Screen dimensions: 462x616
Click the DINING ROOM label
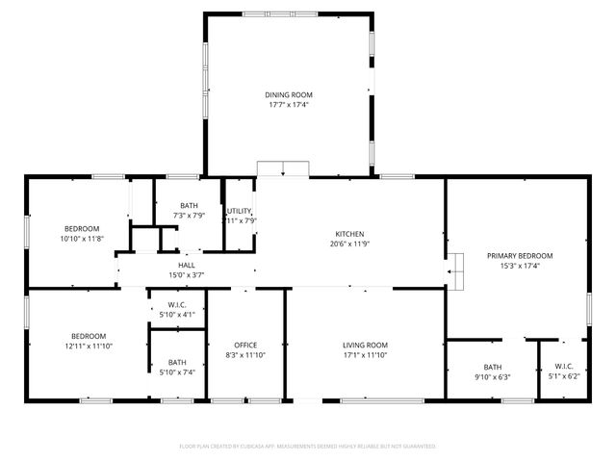(x=289, y=94)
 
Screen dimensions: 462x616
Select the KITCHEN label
(x=348, y=234)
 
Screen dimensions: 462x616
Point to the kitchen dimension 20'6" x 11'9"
(x=348, y=243)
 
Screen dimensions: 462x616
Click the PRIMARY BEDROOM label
(x=520, y=255)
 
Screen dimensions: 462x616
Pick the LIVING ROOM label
(x=365, y=345)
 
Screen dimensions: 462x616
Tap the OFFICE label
(x=246, y=345)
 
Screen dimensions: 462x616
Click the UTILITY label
(x=239, y=211)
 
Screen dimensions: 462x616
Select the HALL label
(x=186, y=266)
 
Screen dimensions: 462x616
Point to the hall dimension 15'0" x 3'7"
(x=186, y=274)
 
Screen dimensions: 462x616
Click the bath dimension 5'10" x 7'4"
(x=176, y=372)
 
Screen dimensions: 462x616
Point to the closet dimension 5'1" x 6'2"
(x=563, y=375)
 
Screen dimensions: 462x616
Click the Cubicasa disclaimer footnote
(x=308, y=447)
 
